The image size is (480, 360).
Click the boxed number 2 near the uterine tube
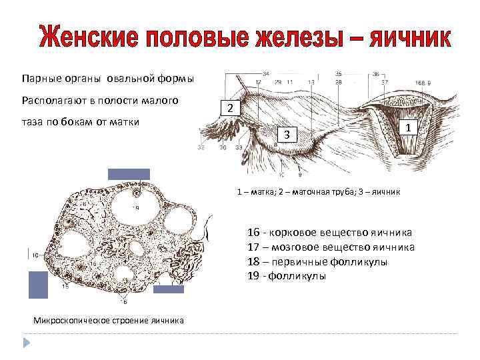[x=229, y=108]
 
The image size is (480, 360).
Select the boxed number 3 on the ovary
[x=286, y=135]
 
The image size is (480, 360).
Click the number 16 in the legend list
[x=253, y=233]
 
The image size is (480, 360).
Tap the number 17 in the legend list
[x=253, y=247]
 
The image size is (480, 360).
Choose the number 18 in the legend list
[x=253, y=261]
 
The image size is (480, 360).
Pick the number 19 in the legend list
[x=253, y=275]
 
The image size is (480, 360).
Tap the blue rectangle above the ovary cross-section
[x=129, y=174]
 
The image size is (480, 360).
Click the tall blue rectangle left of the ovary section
[x=38, y=284]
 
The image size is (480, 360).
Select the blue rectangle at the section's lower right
[x=168, y=289]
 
